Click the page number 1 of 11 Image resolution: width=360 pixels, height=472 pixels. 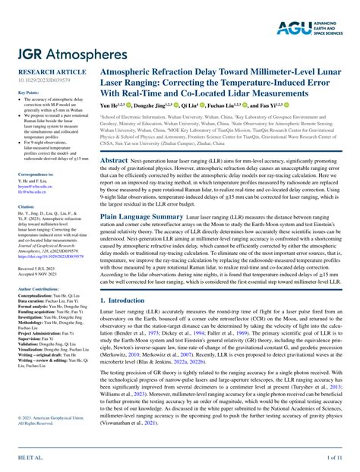pos(334,460)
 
